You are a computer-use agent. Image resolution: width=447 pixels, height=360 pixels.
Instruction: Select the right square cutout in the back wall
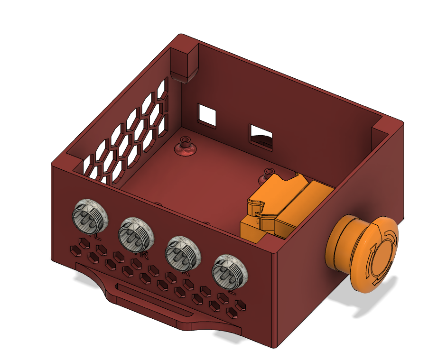[x=261, y=136]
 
